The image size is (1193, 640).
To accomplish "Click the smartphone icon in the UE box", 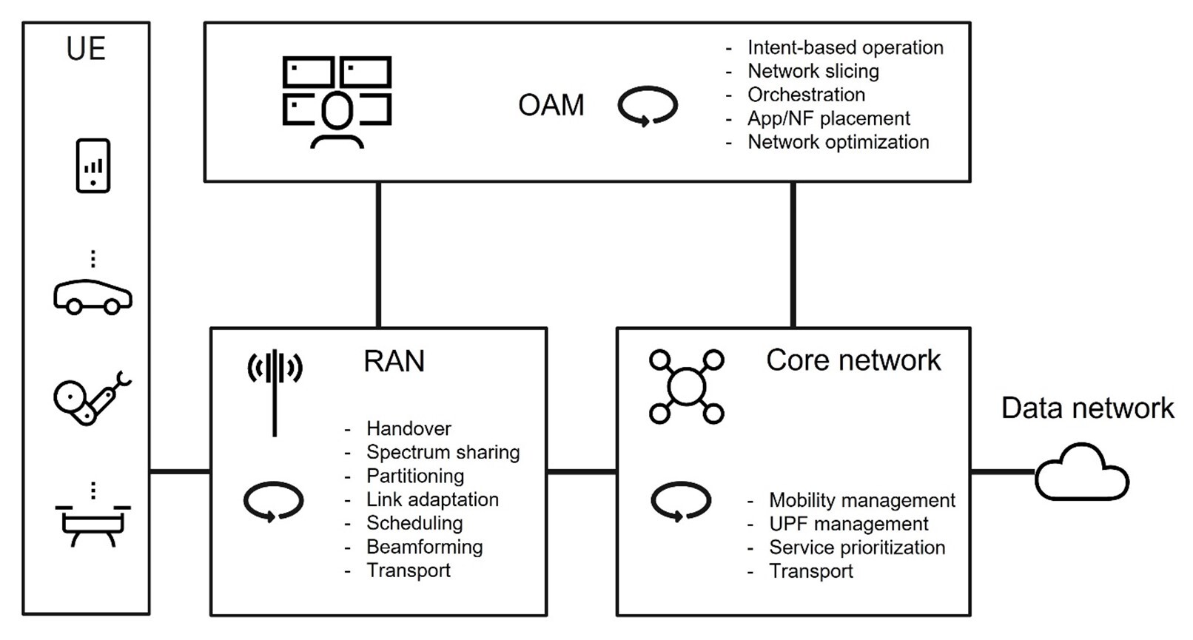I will pyautogui.click(x=93, y=166).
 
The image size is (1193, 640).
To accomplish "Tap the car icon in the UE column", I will pyautogui.click(x=93, y=297).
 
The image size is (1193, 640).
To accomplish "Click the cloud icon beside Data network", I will pyautogui.click(x=1082, y=473).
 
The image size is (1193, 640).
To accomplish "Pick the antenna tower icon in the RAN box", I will pyautogui.click(x=275, y=391).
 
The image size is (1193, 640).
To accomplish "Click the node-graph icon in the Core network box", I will pyautogui.click(x=686, y=386).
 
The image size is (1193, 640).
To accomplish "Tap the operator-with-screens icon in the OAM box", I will pyautogui.click(x=337, y=102).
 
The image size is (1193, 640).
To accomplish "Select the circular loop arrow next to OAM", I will pyautogui.click(x=648, y=105).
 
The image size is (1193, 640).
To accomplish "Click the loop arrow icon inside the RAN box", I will pyautogui.click(x=273, y=501).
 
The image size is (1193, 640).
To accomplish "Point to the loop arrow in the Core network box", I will pyautogui.click(x=681, y=501).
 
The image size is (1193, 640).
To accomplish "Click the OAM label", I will pyautogui.click(x=551, y=105).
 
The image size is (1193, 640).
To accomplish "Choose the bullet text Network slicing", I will pyautogui.click(x=813, y=71).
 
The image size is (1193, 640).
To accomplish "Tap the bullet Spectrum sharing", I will pyautogui.click(x=443, y=452).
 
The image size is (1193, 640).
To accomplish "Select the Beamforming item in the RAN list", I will pyautogui.click(x=424, y=547).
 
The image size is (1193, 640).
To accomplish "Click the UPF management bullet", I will pyautogui.click(x=848, y=524).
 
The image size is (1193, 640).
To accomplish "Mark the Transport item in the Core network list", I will pyautogui.click(x=810, y=571).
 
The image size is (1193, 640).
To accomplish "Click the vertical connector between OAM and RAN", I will pyautogui.click(x=378, y=255).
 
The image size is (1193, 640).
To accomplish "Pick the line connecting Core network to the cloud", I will pyautogui.click(x=1002, y=471).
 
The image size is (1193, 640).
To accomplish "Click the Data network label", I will pyautogui.click(x=1086, y=408).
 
